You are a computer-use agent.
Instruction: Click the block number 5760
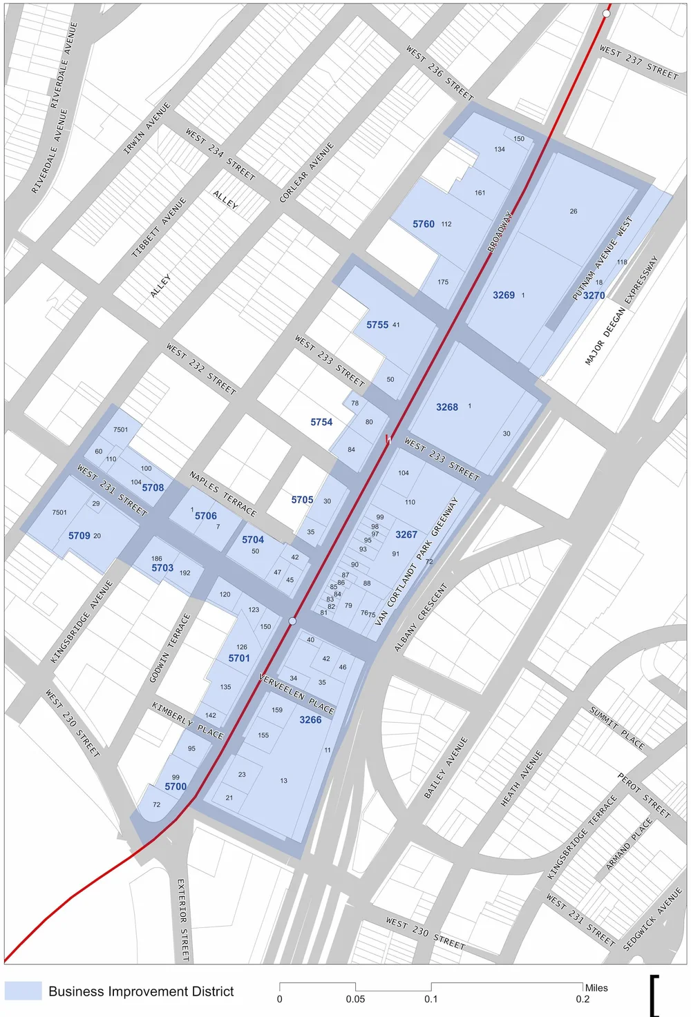tap(424, 224)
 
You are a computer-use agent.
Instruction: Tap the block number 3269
tap(504, 295)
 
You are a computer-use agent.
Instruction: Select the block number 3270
tap(594, 296)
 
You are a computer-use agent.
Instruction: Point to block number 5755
tap(377, 325)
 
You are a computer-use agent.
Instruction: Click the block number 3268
tap(447, 407)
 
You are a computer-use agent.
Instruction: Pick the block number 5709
tap(79, 536)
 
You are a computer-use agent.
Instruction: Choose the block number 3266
tap(310, 719)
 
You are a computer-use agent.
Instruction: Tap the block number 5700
tap(176, 786)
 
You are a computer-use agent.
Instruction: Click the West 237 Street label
tap(638, 61)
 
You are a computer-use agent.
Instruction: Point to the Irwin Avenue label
tap(146, 128)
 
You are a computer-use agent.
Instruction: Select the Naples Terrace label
tap(223, 494)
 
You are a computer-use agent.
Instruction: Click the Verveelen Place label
tap(296, 693)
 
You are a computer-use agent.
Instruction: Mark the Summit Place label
tap(616, 728)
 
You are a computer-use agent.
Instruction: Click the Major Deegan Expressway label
tap(621, 311)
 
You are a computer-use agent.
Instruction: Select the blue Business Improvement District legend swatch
tap(23, 991)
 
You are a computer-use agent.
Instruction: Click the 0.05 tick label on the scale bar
tap(355, 999)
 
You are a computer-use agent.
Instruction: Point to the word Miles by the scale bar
tap(596, 988)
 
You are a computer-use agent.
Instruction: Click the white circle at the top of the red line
tap(607, 13)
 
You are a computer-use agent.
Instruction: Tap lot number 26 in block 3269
tap(574, 211)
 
